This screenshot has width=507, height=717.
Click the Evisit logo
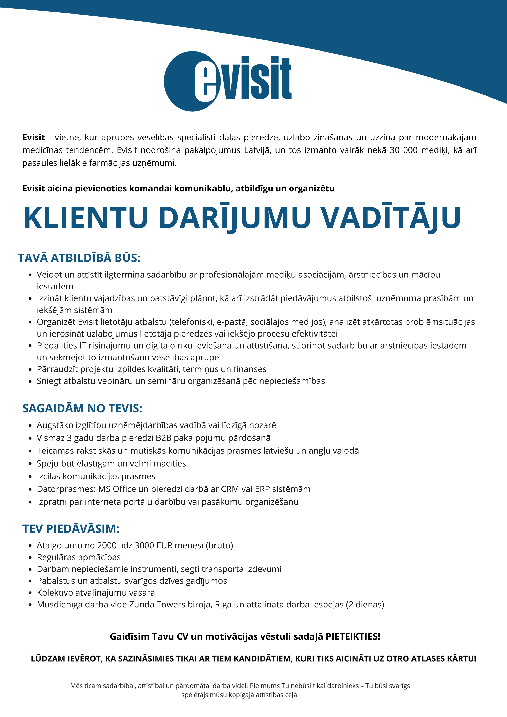tap(227, 81)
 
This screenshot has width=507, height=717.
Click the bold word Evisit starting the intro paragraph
tap(33, 137)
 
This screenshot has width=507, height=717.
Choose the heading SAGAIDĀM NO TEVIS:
tap(82, 408)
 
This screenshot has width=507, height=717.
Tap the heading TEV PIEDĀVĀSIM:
tap(71, 529)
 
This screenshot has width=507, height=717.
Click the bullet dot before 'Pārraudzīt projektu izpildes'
tap(30, 370)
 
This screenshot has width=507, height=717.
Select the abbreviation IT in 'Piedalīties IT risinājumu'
tap(83, 346)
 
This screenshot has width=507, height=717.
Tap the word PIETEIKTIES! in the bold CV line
tap(353, 636)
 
